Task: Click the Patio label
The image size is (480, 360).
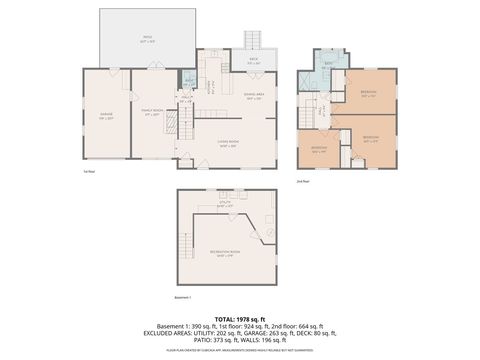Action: (x=146, y=38)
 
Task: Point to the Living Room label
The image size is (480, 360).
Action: (x=227, y=143)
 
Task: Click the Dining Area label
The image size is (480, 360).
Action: (x=253, y=97)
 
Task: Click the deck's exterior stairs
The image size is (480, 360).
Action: (x=253, y=38)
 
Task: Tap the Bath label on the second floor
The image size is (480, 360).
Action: (x=329, y=63)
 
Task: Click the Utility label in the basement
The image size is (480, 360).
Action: (x=226, y=204)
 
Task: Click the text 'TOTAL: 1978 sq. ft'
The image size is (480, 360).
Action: (x=239, y=319)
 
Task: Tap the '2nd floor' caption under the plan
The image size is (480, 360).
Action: (x=302, y=181)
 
